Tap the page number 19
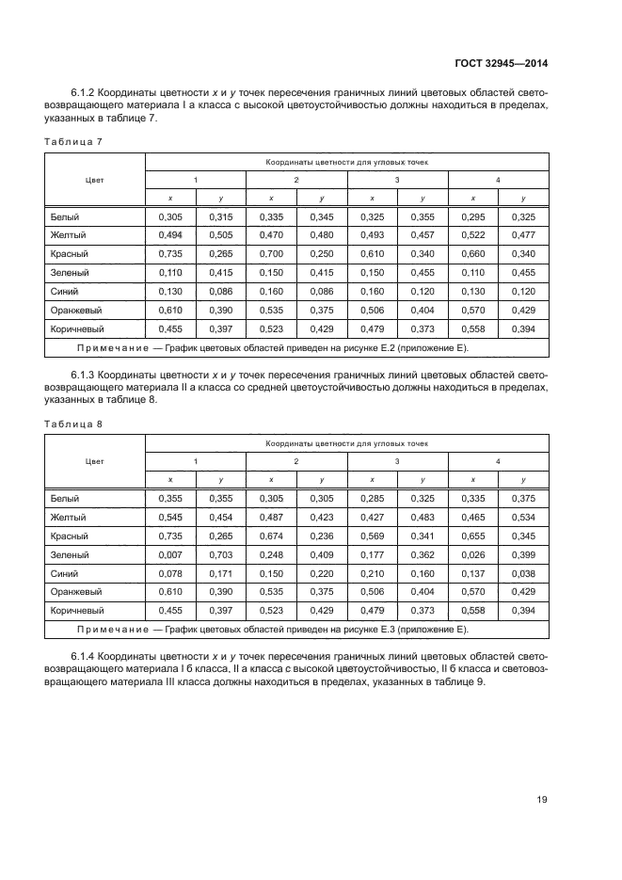[x=542, y=801]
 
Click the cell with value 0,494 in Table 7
[x=169, y=235]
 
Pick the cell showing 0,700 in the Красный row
[x=270, y=254]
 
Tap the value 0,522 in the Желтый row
[x=473, y=235]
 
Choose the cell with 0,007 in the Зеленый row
[x=169, y=553]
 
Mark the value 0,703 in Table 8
[x=220, y=553]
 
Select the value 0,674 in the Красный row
[x=270, y=535]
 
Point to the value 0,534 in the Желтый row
[x=523, y=517]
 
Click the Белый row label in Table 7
[x=65, y=216]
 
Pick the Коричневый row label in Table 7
[x=76, y=328]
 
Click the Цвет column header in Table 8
[x=94, y=461]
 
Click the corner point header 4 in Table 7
[x=498, y=179]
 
